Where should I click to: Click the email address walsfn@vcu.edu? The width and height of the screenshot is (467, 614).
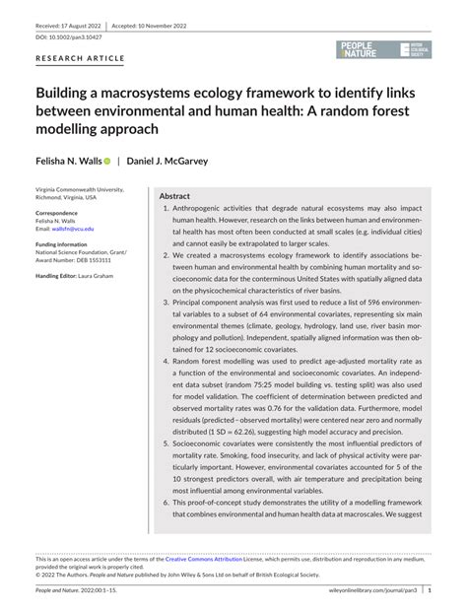point(77,229)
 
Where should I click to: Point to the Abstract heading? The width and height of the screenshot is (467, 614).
point(174,196)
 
